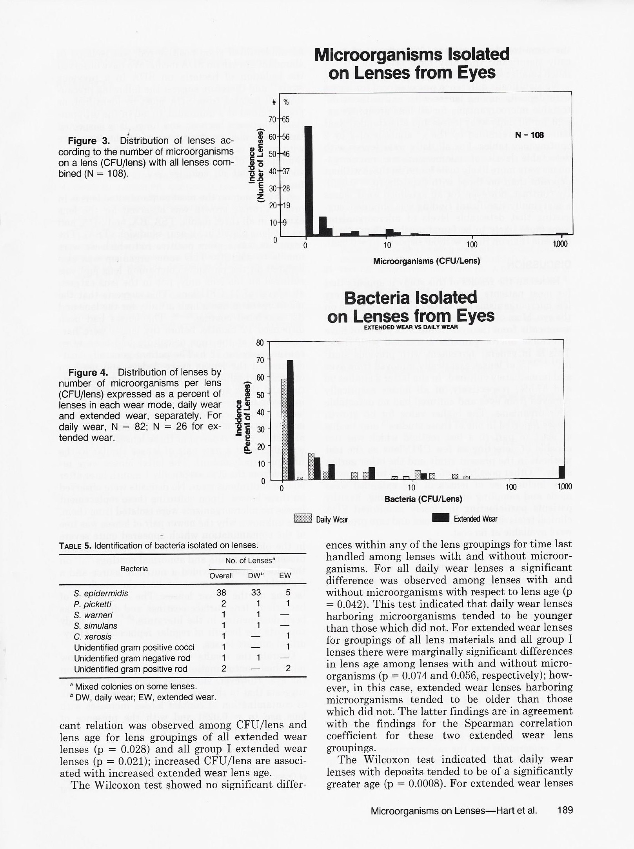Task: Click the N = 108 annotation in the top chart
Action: pyautogui.click(x=529, y=135)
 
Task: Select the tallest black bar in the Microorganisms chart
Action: pyautogui.click(x=309, y=180)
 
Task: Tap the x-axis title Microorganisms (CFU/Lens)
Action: pyautogui.click(x=427, y=261)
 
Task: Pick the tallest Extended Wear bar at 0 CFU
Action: pyautogui.click(x=291, y=420)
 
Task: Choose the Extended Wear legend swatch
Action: pyautogui.click(x=440, y=519)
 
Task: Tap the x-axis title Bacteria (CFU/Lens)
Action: pyautogui.click(x=423, y=499)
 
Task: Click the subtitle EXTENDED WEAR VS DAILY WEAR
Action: pyautogui.click(x=411, y=327)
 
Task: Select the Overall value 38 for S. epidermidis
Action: pyautogui.click(x=222, y=593)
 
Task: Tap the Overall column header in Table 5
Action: pyautogui.click(x=221, y=576)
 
